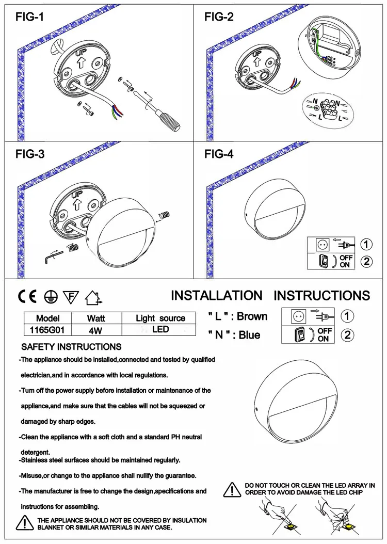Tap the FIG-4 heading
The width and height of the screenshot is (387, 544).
coord(219,154)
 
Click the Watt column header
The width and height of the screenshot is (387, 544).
coord(96,318)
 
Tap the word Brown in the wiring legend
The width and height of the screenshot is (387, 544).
coord(252,316)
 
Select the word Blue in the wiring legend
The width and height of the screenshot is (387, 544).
coord(249,335)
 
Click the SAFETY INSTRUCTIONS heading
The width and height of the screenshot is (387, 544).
coord(71,346)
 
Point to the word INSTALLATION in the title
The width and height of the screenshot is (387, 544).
coord(217,296)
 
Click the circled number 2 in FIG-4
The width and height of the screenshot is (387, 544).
coord(365,262)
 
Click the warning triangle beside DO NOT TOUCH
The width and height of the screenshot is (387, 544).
coord(235,489)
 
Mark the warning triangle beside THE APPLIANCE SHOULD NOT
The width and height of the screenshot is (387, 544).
coord(24,523)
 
